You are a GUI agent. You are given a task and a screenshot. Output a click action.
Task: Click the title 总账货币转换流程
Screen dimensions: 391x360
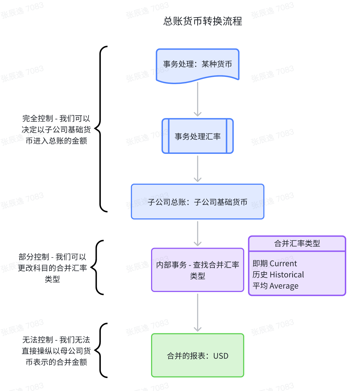(203, 21)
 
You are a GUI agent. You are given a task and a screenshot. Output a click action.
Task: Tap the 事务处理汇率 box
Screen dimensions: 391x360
(197, 136)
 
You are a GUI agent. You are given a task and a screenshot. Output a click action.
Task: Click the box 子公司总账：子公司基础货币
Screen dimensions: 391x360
(197, 202)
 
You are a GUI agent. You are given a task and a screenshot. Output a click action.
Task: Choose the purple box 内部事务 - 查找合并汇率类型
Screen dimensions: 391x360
(197, 270)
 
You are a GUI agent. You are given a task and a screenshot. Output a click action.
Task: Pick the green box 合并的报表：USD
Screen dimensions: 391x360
(197, 355)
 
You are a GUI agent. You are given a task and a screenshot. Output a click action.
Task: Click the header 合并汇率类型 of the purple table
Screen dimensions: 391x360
(297, 243)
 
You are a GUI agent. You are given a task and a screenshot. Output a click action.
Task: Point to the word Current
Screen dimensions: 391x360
(283, 264)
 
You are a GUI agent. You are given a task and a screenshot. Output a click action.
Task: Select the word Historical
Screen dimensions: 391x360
(287, 275)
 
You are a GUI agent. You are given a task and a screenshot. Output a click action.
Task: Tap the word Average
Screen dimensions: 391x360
(284, 286)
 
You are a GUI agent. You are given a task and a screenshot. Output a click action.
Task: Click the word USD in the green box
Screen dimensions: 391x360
(221, 356)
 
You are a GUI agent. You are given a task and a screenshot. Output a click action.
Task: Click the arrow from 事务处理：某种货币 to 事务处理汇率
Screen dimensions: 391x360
(197, 99)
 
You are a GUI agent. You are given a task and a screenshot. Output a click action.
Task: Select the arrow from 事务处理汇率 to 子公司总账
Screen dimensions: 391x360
(197, 168)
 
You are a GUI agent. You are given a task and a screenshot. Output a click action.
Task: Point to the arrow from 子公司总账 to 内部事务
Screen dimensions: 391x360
(197, 233)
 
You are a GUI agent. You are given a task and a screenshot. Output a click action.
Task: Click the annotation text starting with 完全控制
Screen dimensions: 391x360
(56, 130)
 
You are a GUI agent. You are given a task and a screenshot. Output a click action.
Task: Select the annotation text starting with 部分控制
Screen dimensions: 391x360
(52, 268)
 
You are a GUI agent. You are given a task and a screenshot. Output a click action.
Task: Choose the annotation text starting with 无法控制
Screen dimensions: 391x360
(56, 351)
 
